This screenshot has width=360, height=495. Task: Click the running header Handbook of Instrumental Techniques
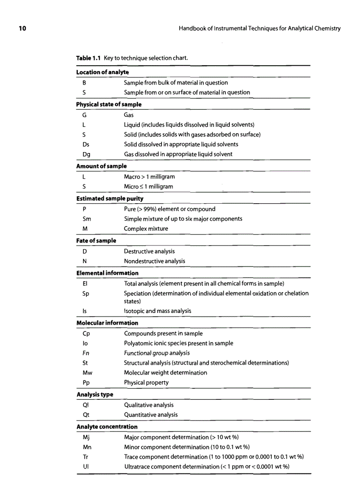[259, 29]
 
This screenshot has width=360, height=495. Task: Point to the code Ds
[86, 144]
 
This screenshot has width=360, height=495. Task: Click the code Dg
[86, 154]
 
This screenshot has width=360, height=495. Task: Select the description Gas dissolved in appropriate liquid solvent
[178, 154]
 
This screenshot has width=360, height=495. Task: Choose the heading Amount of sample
[101, 166]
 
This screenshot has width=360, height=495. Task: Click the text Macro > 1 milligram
[149, 176]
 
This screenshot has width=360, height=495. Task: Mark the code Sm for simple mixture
[87, 219]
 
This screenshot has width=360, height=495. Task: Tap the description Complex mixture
[146, 229]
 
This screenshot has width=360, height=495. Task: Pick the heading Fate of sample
[96, 241]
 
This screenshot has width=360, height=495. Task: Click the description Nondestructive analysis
[154, 261]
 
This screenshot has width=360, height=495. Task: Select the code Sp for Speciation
[86, 293]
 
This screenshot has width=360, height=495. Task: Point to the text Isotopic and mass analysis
[157, 311]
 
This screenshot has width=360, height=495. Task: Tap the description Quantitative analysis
[151, 414]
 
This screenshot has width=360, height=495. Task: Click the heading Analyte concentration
[107, 427]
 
